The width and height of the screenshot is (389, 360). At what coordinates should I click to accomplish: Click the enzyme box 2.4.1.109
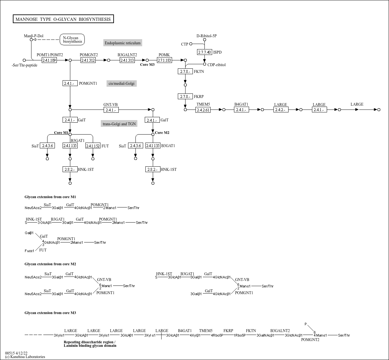pos(49,60)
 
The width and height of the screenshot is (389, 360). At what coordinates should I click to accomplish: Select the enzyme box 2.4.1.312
pos(88,60)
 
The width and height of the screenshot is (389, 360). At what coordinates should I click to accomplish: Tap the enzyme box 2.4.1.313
pos(127,60)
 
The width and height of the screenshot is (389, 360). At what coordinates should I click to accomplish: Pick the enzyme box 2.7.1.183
pos(164,60)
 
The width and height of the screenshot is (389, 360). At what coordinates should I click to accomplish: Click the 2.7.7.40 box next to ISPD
pos(204,52)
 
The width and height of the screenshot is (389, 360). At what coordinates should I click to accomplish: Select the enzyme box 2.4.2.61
pos(203,110)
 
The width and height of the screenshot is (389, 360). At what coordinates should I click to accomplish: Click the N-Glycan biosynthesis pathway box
pos(72,40)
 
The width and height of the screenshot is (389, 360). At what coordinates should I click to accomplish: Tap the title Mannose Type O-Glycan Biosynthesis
pos(63,19)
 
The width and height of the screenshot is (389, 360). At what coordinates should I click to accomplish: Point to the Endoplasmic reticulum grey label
pos(123,43)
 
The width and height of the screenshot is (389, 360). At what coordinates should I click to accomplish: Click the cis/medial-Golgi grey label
pos(121,83)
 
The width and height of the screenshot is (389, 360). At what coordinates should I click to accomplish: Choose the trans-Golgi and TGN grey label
pos(119,124)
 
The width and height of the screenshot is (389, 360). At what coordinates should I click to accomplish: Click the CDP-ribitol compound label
pos(216,65)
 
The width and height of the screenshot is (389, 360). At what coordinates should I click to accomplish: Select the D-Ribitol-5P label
pos(206,36)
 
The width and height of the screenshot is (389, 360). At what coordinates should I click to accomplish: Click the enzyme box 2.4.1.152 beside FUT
pos(93,146)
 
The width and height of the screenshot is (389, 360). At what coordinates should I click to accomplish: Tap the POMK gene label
pos(164,55)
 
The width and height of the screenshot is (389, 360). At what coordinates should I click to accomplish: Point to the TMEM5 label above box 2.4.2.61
pos(203,104)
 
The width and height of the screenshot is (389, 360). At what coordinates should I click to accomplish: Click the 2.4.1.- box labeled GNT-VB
pos(111,110)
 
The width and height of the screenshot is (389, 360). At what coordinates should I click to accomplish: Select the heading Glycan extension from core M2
pos(50,264)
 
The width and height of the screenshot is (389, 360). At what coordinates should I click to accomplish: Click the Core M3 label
pos(147,65)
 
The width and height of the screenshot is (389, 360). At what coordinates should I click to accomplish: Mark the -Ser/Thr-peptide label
pos(24,65)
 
